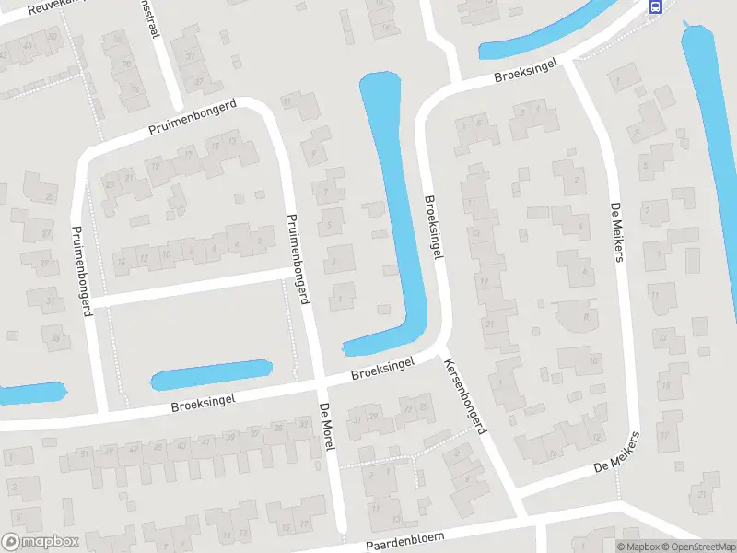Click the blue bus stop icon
point(655,6)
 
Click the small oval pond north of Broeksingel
point(211,374)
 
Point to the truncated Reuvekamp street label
point(37,7)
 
